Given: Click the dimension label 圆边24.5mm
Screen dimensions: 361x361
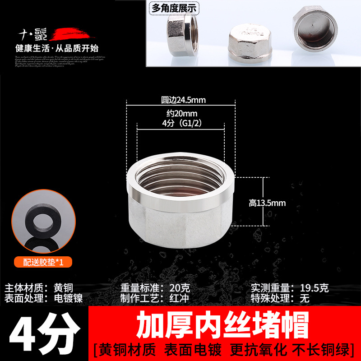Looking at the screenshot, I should [x=180, y=100].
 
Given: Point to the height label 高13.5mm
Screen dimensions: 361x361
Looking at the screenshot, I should [x=267, y=203].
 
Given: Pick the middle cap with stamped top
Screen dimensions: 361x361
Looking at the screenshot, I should [x=246, y=41].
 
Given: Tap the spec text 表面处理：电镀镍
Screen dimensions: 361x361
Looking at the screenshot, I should [x=44, y=298].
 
